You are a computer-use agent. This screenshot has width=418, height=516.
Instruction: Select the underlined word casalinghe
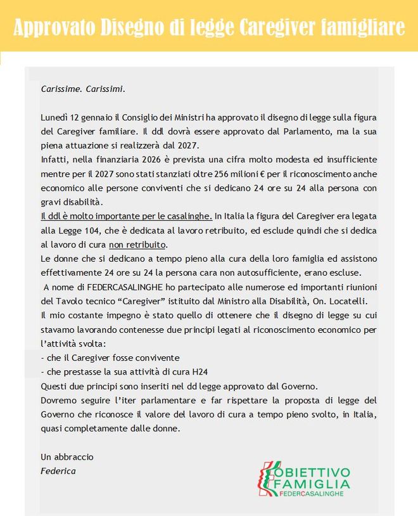(x=190, y=216)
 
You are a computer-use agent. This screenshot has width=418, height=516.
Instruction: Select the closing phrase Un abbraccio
(x=66, y=456)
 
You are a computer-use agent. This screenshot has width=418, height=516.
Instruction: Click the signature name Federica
(x=58, y=471)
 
